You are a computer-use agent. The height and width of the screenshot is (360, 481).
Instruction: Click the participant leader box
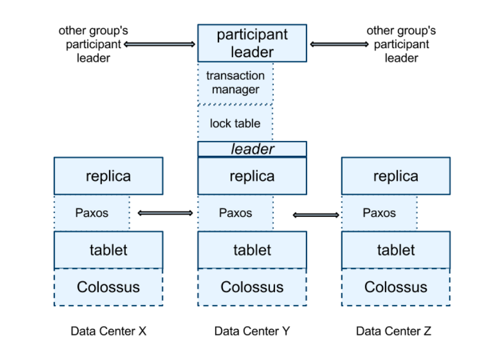252,43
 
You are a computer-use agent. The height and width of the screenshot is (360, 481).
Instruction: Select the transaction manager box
235,83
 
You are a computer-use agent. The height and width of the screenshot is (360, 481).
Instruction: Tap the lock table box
235,123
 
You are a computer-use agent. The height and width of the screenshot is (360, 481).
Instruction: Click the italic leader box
252,149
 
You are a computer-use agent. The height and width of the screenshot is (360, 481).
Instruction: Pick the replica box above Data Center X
108,176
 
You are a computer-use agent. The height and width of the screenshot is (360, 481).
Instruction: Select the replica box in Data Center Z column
395,176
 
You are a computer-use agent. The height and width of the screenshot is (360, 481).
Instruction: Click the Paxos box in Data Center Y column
235,212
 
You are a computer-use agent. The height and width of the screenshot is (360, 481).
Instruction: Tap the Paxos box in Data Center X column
91,212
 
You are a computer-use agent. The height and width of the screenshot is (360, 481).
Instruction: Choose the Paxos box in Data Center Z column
379,212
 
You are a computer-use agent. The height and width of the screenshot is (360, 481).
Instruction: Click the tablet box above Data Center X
108,250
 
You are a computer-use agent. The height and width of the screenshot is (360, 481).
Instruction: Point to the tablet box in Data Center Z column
395,250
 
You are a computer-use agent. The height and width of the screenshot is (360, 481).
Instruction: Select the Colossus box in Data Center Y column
252,287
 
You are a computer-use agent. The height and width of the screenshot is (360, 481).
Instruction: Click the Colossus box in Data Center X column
108,287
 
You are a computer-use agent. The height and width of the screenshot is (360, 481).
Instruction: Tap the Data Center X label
108,331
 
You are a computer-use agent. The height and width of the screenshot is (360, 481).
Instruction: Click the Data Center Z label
393,331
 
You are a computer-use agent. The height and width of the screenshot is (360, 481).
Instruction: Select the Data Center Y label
252,331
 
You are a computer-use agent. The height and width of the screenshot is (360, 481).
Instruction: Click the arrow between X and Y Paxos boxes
165,212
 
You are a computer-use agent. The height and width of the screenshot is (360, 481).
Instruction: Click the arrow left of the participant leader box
160,44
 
